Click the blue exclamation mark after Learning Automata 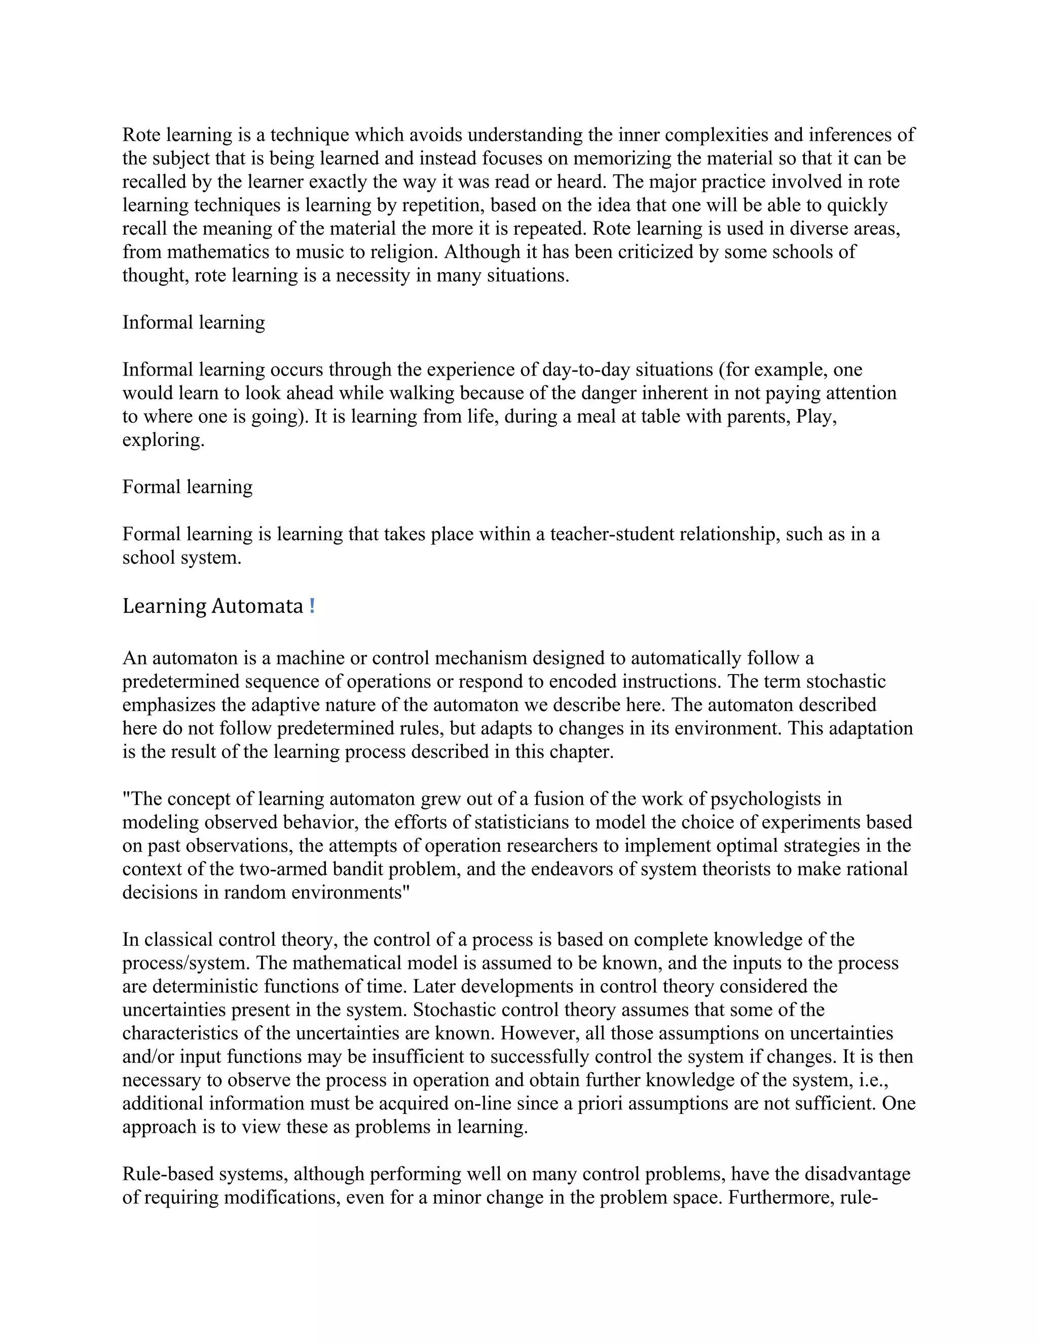(312, 606)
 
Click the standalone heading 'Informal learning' (193, 322)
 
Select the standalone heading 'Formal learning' (187, 487)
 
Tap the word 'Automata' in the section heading (257, 606)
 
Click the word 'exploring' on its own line (163, 440)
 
